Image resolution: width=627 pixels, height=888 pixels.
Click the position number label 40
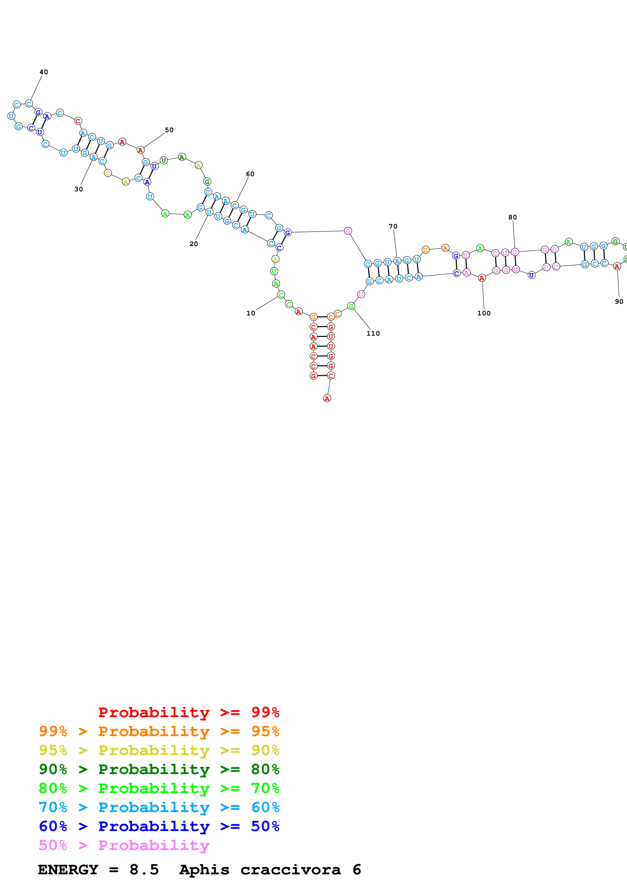click(44, 72)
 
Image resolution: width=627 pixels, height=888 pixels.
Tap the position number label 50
click(169, 130)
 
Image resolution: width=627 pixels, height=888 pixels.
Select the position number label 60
click(250, 174)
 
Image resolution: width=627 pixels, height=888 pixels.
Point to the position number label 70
click(393, 226)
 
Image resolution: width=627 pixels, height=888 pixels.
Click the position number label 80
click(513, 217)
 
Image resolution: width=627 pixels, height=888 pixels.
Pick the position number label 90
click(619, 301)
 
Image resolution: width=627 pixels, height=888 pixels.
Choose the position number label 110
click(373, 333)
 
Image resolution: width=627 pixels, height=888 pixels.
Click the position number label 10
click(251, 313)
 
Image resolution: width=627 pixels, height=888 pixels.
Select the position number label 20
click(193, 244)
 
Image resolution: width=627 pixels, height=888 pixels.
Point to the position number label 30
click(78, 189)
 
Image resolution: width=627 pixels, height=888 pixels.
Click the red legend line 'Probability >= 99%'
click(188, 712)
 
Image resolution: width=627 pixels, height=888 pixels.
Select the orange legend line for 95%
click(159, 731)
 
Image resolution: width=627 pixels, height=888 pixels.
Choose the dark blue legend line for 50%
click(159, 826)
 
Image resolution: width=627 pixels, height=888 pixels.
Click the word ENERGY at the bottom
click(68, 870)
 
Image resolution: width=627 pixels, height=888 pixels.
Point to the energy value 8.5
click(144, 870)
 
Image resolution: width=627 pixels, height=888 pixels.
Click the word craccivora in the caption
click(291, 870)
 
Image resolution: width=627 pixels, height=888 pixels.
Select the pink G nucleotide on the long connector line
click(348, 231)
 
